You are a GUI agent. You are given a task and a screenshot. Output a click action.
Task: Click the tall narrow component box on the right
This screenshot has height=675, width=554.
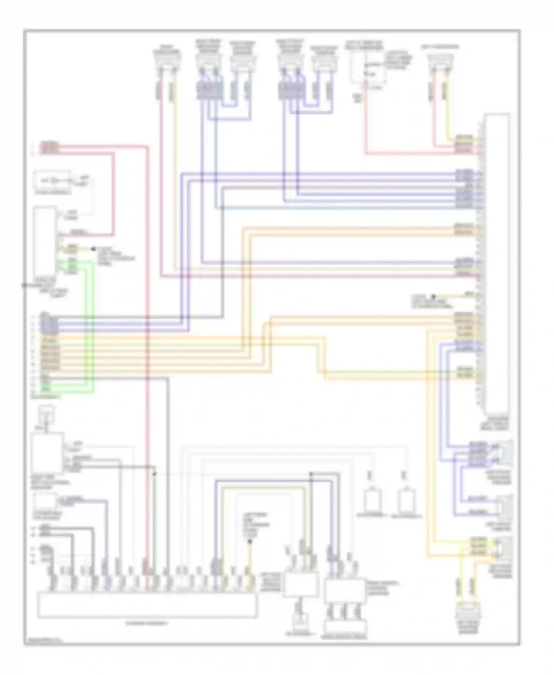497,264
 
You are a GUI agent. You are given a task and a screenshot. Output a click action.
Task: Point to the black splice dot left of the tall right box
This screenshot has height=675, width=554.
434,297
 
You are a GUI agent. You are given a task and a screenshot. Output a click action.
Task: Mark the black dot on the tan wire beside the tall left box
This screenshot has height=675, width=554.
93,249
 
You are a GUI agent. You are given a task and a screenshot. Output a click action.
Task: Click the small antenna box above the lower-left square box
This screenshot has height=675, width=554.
47,413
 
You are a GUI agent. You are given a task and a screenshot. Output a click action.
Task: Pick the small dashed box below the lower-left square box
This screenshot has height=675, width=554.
45,502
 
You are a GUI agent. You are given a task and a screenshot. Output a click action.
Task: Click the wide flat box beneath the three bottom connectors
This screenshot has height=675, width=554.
346,627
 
